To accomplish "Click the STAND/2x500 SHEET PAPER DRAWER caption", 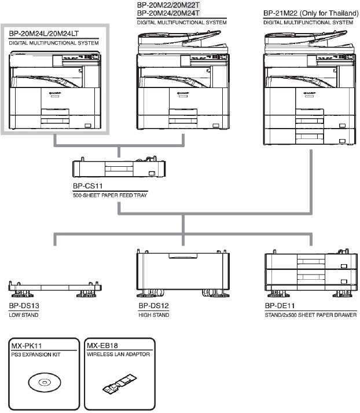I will (307, 315).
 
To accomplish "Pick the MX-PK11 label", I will (25, 345).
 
